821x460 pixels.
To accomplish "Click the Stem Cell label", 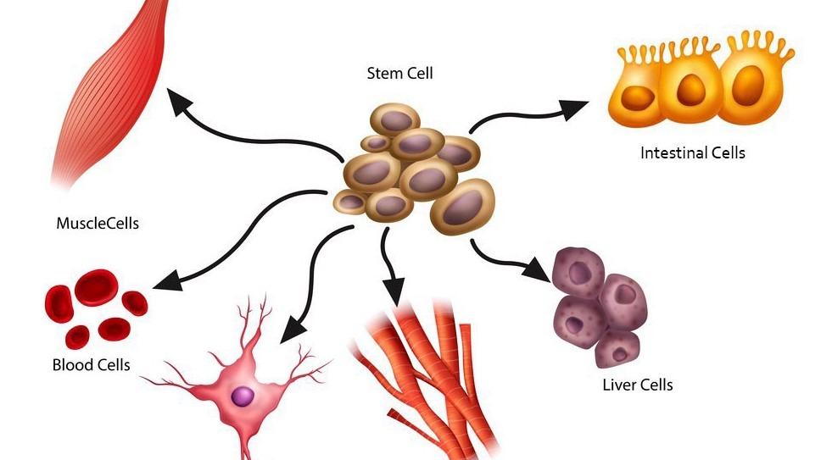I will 399,74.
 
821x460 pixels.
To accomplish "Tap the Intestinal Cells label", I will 693,153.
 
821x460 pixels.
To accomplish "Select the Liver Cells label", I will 637,385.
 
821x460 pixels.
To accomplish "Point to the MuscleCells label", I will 97,224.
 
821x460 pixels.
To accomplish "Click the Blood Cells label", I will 91,365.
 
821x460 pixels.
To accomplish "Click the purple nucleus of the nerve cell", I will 243,395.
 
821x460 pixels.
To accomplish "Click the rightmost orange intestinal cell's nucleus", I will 747,86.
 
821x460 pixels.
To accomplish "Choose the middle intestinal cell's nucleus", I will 692,87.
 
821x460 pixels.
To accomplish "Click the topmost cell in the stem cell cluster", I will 399,119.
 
